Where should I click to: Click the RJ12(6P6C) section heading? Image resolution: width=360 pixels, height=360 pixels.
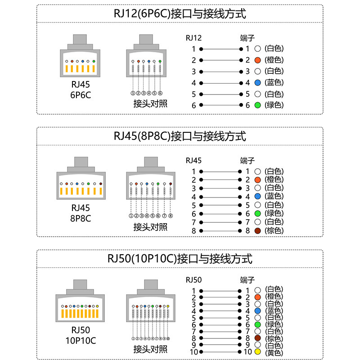point(180,13)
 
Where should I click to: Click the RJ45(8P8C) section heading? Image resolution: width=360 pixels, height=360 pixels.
point(180,135)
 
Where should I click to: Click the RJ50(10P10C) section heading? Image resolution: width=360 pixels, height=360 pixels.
point(180,258)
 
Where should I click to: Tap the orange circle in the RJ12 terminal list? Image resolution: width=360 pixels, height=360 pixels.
point(258,60)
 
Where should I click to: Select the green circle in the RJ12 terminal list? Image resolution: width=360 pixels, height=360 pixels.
point(258,105)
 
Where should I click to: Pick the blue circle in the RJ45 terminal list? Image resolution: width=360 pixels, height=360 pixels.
point(258,196)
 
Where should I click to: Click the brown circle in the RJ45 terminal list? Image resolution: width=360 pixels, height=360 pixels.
point(258,230)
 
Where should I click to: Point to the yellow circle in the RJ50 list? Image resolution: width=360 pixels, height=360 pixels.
point(258,351)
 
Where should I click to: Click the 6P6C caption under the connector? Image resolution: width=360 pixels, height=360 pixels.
point(81,95)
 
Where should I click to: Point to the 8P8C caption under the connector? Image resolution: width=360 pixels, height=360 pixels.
point(81,218)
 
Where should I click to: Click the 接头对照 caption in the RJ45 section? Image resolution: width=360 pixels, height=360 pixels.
point(150,227)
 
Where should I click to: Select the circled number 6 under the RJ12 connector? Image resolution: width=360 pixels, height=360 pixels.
point(160,93)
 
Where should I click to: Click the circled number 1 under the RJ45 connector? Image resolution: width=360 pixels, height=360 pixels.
point(131,216)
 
